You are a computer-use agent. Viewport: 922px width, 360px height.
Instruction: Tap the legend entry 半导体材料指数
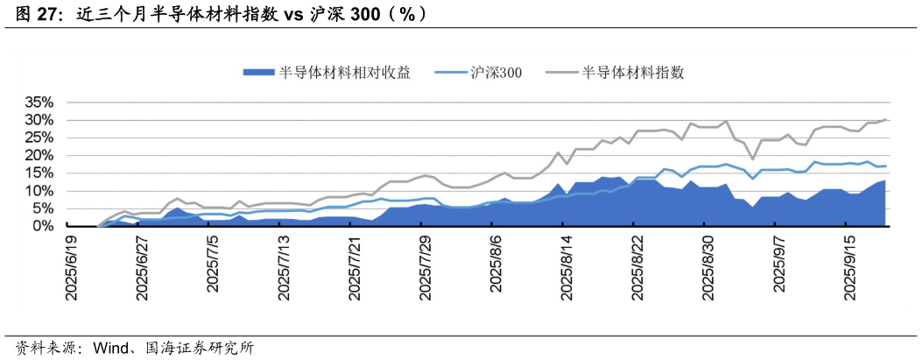tap(632, 73)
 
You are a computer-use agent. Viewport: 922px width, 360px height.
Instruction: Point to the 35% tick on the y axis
tap(38, 102)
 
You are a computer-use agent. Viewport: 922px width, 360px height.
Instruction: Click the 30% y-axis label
tap(38, 119)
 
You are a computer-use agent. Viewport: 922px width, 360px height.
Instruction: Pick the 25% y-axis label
tap(38, 137)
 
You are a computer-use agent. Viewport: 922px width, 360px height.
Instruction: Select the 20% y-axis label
tap(38, 155)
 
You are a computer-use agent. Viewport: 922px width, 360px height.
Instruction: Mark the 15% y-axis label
tap(38, 173)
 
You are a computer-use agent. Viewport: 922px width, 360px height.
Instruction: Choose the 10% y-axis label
tap(38, 190)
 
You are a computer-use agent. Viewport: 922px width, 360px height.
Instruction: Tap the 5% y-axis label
tap(41, 208)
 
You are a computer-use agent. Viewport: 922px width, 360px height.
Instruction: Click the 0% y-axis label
tap(41, 226)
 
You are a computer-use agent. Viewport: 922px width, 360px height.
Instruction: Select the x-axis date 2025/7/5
tap(215, 266)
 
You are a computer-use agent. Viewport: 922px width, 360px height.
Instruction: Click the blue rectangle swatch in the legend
tap(258, 73)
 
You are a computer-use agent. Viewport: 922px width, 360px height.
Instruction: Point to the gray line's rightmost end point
tap(886, 119)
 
